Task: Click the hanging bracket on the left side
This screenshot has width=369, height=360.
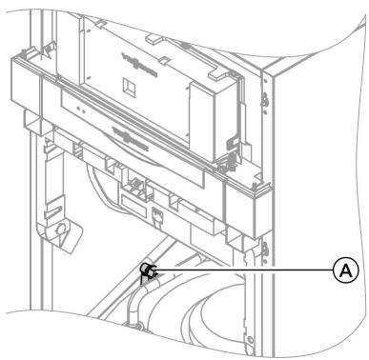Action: [x=54, y=224]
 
